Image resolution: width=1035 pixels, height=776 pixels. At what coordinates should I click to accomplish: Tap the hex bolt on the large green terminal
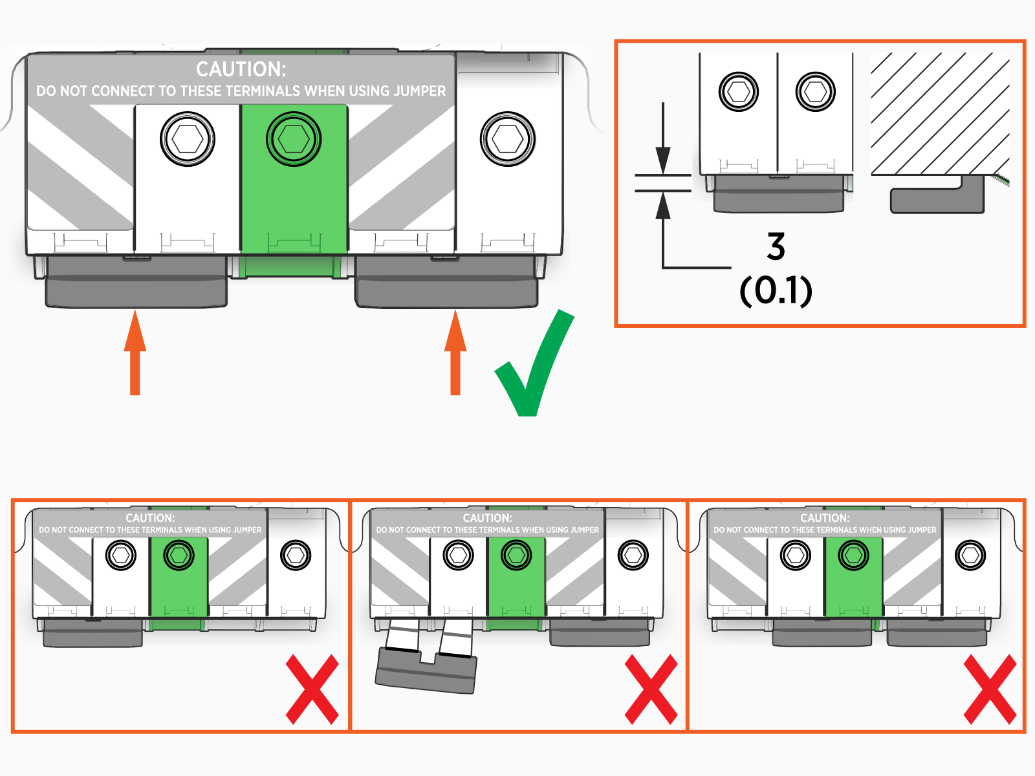[x=294, y=139]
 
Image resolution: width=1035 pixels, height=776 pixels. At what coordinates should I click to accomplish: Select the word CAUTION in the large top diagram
[x=241, y=69]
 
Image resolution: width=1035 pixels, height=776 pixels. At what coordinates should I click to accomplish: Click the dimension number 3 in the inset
[x=776, y=247]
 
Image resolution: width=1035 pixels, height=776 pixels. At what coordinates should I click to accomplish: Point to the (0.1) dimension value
[x=776, y=290]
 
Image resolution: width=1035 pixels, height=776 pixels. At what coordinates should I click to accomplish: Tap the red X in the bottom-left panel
[x=312, y=689]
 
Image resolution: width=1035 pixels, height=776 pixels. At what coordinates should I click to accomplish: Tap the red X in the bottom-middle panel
[x=651, y=689]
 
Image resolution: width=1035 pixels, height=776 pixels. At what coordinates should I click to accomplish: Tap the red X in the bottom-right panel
[x=990, y=689]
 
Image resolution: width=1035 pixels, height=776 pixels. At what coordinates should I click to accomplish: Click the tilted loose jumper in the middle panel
[x=427, y=669]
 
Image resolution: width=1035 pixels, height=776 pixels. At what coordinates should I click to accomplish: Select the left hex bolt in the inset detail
[x=738, y=92]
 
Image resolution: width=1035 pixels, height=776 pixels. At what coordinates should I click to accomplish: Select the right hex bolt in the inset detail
[x=815, y=92]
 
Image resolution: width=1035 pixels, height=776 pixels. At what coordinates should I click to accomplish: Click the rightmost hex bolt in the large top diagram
[x=508, y=139]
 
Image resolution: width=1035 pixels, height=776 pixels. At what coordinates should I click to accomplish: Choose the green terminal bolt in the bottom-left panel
[x=179, y=555]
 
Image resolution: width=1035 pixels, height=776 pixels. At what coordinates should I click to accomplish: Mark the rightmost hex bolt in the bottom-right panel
[x=970, y=555]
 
